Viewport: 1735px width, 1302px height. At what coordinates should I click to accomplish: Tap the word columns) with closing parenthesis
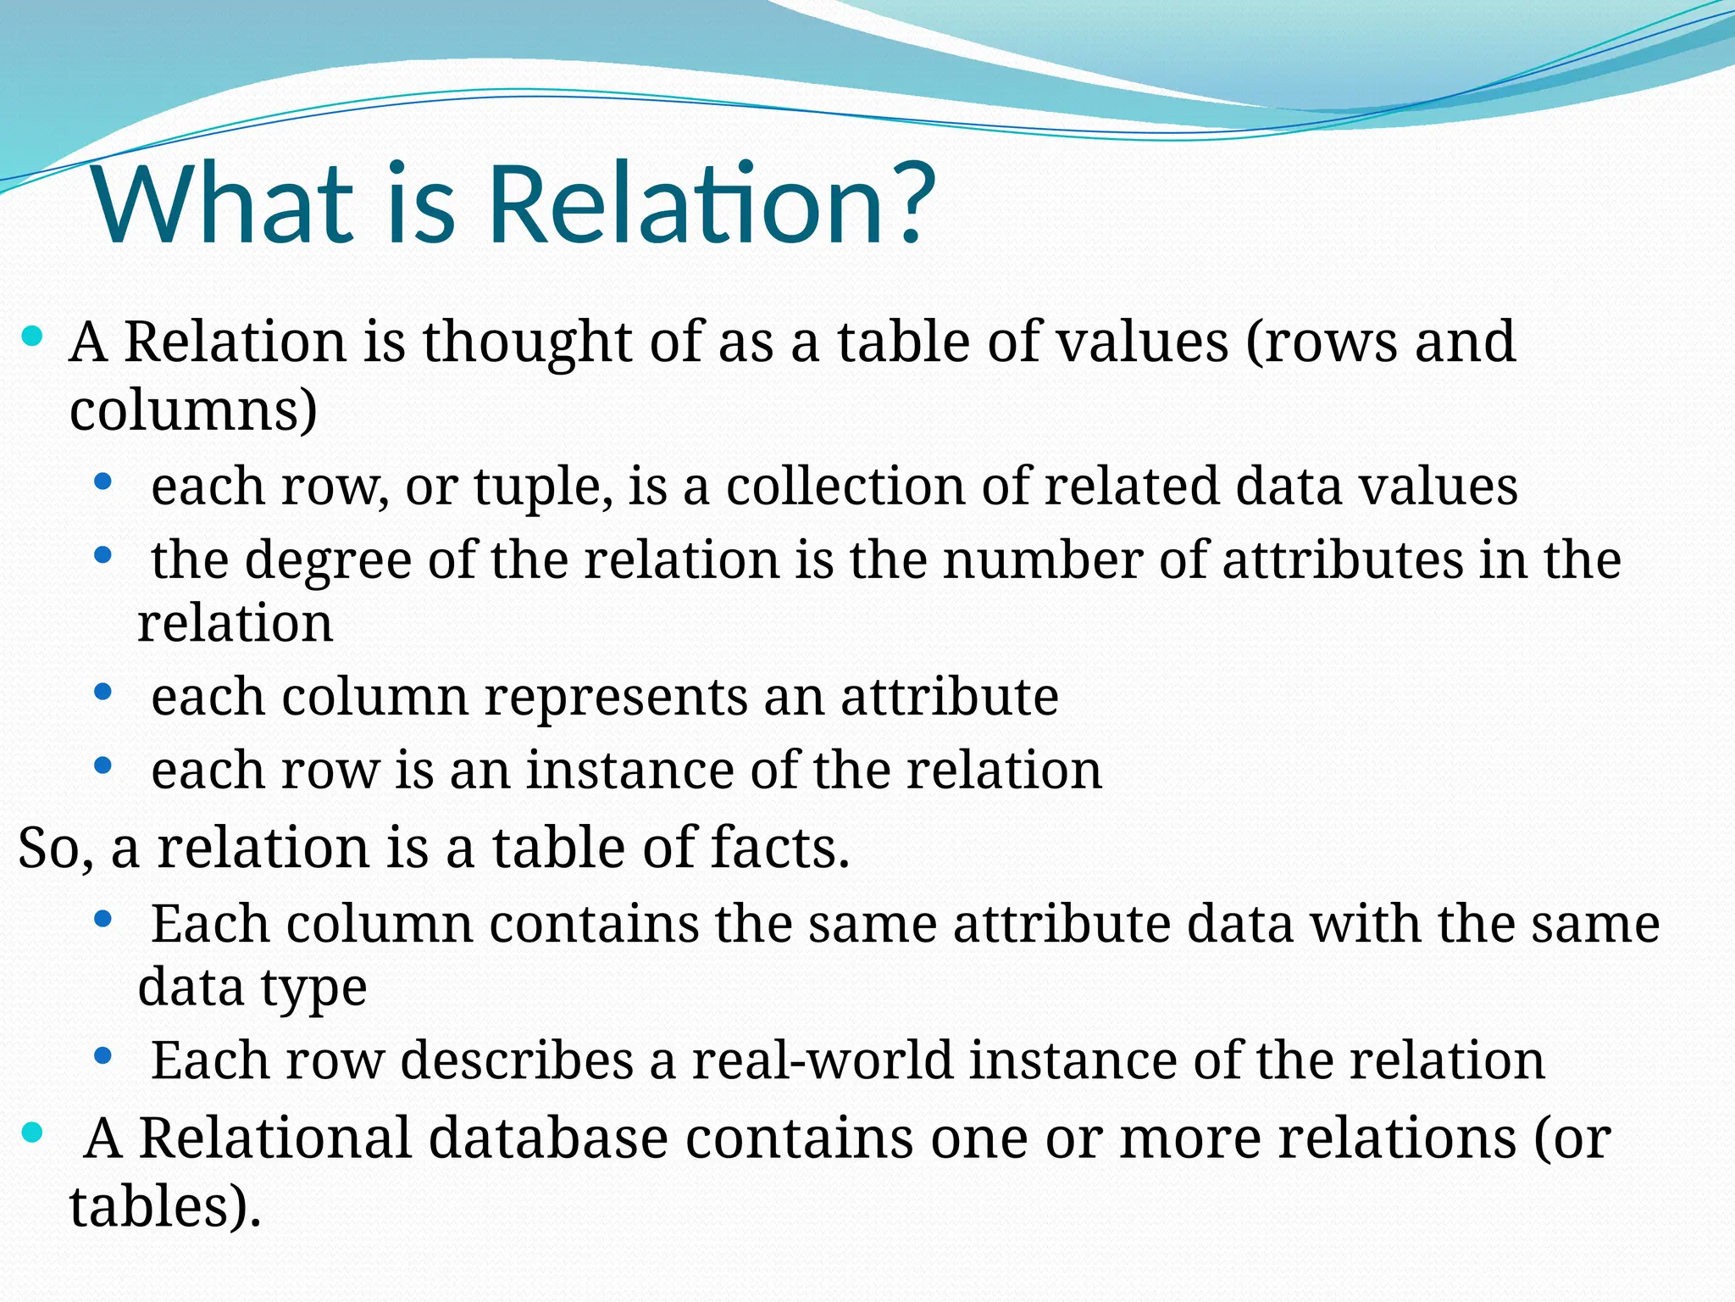pos(193,411)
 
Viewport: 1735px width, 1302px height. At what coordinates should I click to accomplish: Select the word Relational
pos(274,1138)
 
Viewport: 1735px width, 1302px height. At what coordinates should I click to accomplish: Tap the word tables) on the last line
pos(165,1207)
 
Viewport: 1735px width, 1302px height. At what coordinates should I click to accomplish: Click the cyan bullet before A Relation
pos(31,337)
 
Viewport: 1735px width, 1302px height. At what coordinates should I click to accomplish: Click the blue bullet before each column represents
pos(103,693)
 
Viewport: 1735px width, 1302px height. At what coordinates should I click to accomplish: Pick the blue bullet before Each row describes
pos(103,1056)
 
